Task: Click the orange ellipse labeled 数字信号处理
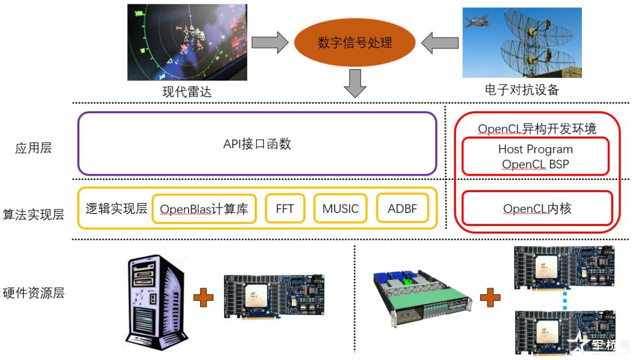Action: pyautogui.click(x=355, y=43)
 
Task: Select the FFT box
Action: pyautogui.click(x=285, y=209)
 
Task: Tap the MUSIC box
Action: pyautogui.click(x=340, y=209)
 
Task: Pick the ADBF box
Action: pyautogui.click(x=402, y=209)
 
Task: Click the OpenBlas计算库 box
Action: pyautogui.click(x=204, y=209)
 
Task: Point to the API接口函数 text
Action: pyautogui.click(x=257, y=144)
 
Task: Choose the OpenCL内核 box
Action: pyautogui.click(x=537, y=209)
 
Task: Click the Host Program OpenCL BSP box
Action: pyautogui.click(x=535, y=156)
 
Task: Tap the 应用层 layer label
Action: pyautogui.click(x=33, y=148)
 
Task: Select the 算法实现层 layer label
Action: pyautogui.click(x=33, y=214)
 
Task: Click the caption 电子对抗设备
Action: pyautogui.click(x=522, y=89)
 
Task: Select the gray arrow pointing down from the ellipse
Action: pyautogui.click(x=355, y=83)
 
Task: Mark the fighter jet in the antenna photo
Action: pyautogui.click(x=476, y=21)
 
